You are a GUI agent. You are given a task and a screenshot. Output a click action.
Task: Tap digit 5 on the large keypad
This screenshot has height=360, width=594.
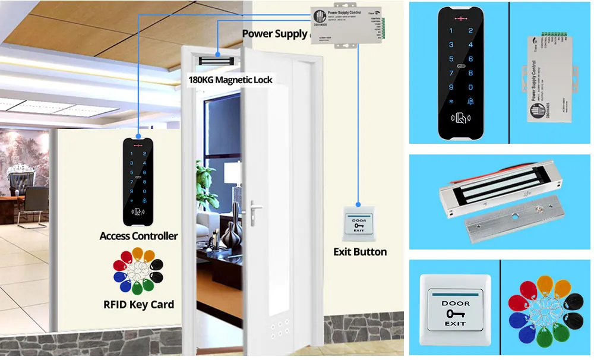(451, 59)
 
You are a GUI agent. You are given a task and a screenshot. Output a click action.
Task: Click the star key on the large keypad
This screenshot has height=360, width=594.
(450, 100)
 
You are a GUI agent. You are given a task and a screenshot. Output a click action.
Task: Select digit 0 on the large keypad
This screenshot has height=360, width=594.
(470, 86)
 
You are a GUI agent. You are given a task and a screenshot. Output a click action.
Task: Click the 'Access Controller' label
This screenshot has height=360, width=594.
(138, 236)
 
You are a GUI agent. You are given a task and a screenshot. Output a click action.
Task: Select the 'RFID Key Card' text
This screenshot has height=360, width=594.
(138, 305)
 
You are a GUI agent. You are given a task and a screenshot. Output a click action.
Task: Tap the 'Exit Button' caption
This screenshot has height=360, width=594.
(360, 252)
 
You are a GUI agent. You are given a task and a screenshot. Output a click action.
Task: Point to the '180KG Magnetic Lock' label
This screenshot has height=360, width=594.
(230, 80)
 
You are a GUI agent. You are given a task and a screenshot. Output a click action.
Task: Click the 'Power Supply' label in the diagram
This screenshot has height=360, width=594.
(274, 34)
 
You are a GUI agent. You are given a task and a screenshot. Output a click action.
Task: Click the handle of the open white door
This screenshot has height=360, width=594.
(256, 208)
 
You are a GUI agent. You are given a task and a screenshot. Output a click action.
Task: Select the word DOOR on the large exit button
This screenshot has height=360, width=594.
(455, 304)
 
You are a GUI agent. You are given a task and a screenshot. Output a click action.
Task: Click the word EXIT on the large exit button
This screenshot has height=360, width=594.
(455, 324)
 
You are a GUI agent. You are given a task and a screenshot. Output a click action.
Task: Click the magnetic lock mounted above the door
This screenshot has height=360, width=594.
(218, 60)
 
